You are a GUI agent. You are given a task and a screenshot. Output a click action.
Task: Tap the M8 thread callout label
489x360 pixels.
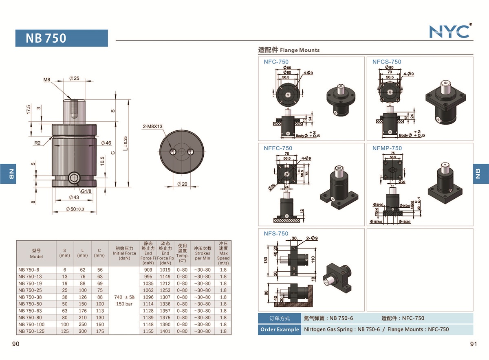pyautogui.click(x=47, y=80)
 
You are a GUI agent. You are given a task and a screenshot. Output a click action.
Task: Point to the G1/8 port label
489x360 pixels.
pyautogui.click(x=86, y=191)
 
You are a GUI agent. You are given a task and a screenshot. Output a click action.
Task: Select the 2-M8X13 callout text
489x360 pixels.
pyautogui.click(x=153, y=126)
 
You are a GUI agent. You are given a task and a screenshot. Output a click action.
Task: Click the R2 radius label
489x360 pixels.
pyautogui.click(x=37, y=143)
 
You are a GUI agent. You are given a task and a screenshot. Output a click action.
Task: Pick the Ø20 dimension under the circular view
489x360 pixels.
pyautogui.click(x=182, y=184)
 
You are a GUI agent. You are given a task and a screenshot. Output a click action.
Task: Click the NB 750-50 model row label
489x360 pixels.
pyautogui.click(x=30, y=304)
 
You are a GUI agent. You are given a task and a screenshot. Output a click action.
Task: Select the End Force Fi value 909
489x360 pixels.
pyautogui.click(x=148, y=270)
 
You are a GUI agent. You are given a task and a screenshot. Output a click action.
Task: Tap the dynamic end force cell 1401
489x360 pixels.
pyautogui.click(x=165, y=331)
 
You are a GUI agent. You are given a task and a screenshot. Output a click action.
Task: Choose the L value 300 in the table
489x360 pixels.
pyautogui.click(x=82, y=331)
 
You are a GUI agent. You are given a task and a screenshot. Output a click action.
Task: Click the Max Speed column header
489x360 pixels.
pyautogui.click(x=223, y=253)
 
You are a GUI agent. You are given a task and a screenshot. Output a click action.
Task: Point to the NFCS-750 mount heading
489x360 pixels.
pyautogui.click(x=386, y=62)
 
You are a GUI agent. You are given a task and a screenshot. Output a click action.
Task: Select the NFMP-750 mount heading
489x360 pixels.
pyautogui.click(x=387, y=148)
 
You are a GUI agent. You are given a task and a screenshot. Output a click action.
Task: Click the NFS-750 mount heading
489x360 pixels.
pyautogui.click(x=275, y=233)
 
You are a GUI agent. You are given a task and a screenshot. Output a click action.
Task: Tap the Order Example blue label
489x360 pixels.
pyautogui.click(x=279, y=329)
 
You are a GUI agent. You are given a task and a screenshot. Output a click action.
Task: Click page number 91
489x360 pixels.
pyautogui.click(x=473, y=344)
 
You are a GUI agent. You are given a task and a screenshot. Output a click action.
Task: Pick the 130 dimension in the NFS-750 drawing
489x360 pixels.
pyautogui.click(x=266, y=260)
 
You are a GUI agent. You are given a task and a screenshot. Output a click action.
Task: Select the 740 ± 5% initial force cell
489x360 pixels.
pyautogui.click(x=124, y=297)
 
